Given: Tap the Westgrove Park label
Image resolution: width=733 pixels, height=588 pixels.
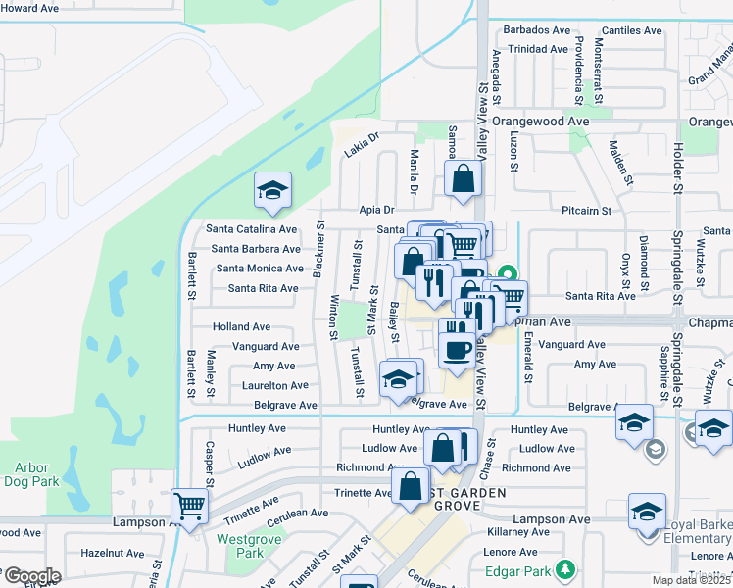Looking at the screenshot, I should click(241, 546).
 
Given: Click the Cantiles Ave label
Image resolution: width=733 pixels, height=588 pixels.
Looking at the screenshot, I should click(633, 30).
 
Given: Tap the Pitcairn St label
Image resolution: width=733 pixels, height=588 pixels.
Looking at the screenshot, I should click(586, 211).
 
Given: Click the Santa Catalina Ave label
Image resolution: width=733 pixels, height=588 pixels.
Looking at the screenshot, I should click(251, 229).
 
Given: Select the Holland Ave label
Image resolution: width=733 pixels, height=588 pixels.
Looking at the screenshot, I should click(241, 326).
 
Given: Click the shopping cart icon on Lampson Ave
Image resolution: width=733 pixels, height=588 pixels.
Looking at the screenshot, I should click(189, 507).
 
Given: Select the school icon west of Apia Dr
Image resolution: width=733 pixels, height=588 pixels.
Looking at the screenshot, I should click(272, 190).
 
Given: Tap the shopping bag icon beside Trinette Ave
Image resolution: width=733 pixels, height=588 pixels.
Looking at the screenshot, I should click(409, 485).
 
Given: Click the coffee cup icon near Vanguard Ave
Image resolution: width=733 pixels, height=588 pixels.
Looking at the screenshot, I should click(455, 348).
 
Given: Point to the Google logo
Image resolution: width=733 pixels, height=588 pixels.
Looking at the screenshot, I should click(31, 575).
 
